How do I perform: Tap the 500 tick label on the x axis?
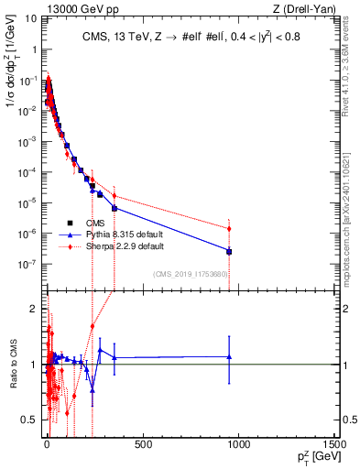coord(142,443)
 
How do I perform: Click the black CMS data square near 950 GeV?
coord(229,251)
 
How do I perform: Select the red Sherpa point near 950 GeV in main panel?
coord(229,229)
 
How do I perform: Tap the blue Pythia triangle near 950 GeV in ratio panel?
coord(229,357)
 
